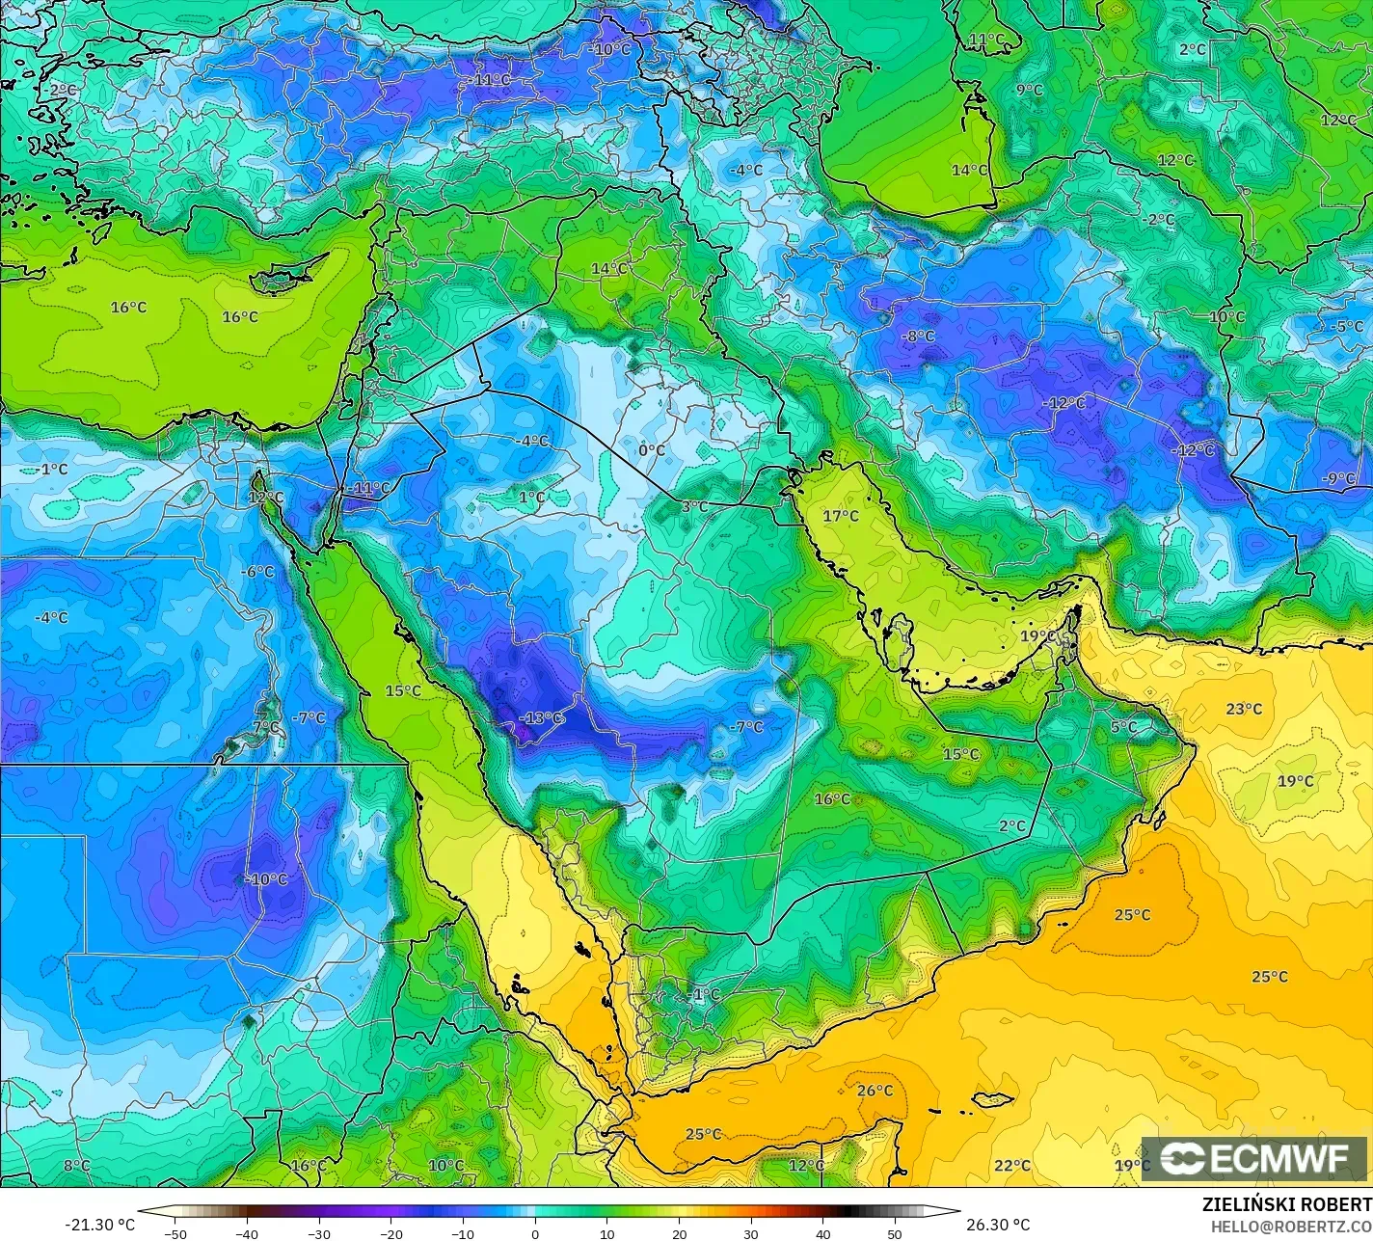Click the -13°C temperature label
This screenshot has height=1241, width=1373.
click(x=541, y=717)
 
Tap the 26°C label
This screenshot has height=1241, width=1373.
click(x=875, y=1091)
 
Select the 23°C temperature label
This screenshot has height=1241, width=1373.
click(x=1244, y=709)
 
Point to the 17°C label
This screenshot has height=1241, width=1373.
click(x=840, y=516)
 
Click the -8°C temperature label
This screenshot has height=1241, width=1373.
click(x=918, y=337)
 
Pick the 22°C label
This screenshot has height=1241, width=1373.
click(x=1011, y=1165)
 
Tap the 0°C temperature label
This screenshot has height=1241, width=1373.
click(x=652, y=449)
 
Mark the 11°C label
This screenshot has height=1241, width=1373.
click(x=986, y=40)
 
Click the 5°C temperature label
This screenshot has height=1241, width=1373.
click(x=1123, y=727)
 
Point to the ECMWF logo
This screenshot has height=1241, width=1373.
click(x=1254, y=1159)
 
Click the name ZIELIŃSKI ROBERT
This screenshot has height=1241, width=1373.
click(x=1286, y=1204)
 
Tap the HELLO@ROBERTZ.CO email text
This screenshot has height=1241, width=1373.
click(x=1292, y=1226)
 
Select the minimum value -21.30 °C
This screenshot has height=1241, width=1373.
click(x=99, y=1225)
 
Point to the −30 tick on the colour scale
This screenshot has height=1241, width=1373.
click(x=318, y=1233)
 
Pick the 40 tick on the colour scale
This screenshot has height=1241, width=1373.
click(x=822, y=1233)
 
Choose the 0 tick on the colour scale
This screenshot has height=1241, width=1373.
click(x=535, y=1233)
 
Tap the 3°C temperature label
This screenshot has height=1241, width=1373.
click(x=695, y=506)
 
